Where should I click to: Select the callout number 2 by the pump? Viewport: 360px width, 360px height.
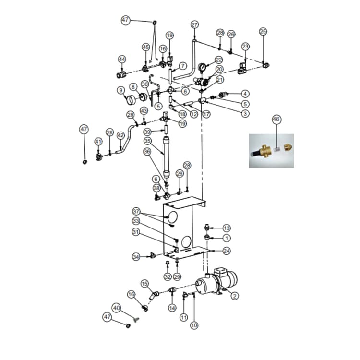coord(234,296)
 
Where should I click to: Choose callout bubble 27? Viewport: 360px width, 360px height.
coord(194,24)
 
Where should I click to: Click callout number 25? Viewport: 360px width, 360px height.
coord(263,31)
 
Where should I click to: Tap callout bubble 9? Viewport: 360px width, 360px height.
coord(120,90)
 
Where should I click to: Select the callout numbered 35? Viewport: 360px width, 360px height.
coord(147,141)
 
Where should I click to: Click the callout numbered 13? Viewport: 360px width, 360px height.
coord(227,228)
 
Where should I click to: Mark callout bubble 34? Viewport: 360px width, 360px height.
coord(136,257)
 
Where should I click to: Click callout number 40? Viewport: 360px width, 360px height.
coord(116,307)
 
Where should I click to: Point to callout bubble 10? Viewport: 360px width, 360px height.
coord(194,325)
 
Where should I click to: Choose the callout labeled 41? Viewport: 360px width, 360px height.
coord(98,142)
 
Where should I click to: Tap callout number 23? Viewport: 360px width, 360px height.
coord(245,47)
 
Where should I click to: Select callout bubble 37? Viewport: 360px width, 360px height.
coord(136,211)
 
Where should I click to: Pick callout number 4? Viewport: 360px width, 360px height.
coord(245,94)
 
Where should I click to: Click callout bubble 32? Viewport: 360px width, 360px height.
coord(167,277)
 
